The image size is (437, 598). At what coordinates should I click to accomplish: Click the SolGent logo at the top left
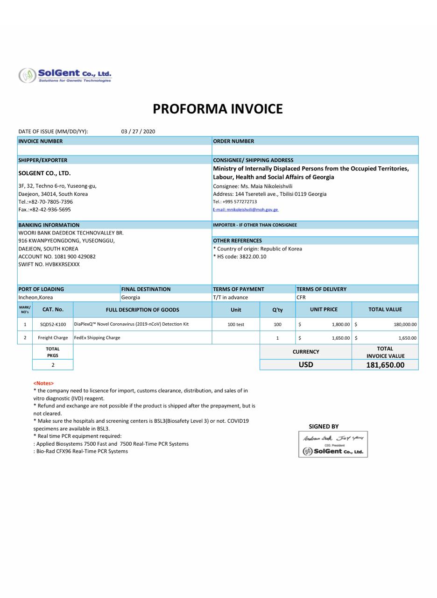coord(65,75)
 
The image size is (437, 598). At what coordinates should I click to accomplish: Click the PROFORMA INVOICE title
coord(218,109)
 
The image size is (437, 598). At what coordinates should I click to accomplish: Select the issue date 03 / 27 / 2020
coord(138,132)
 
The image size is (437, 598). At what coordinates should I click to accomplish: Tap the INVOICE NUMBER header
coord(41,141)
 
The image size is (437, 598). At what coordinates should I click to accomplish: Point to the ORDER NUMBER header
coord(233,141)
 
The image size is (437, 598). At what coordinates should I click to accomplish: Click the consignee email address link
coord(246,210)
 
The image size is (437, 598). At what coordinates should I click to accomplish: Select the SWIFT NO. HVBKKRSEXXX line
coord(49,264)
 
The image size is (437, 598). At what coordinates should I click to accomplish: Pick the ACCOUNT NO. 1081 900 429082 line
coord(57,256)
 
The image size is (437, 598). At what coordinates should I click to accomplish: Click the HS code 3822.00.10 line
coord(240,256)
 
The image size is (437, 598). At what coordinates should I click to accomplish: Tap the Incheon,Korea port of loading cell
coord(35,298)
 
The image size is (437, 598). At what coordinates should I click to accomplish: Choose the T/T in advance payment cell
coord(231,298)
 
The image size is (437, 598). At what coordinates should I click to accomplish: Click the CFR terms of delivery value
coord(301,298)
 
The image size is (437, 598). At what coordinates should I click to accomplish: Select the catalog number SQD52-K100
coord(53,324)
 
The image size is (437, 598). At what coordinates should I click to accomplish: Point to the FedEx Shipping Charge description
coord(97,338)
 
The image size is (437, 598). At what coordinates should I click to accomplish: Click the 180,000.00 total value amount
coord(405,324)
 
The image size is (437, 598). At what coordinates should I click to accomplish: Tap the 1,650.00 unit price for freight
coord(340,338)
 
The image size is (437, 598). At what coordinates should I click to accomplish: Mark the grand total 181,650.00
coord(385,365)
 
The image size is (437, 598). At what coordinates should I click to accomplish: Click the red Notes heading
coord(43,383)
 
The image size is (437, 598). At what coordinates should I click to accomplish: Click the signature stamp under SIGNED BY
coord(333,444)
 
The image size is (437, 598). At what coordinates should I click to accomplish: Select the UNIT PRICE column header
coord(324,309)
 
